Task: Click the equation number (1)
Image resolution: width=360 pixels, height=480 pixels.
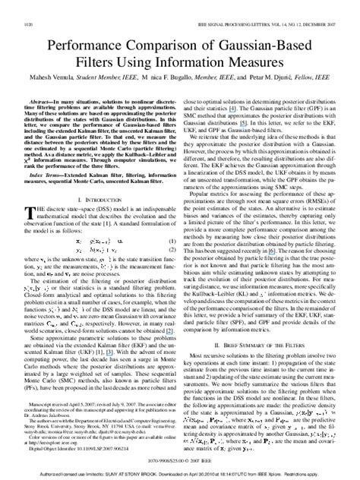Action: (x=172, y=239)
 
